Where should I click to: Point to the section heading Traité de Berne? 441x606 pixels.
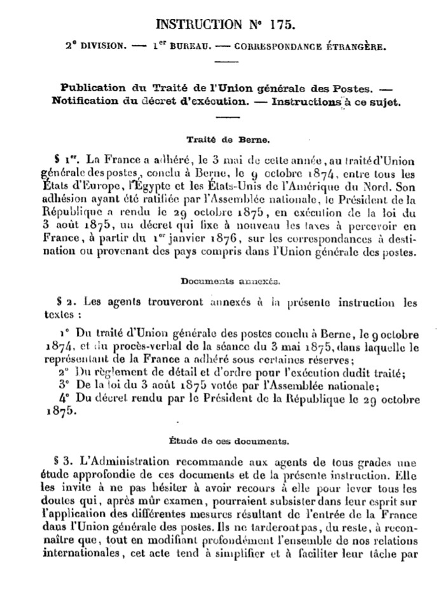tap(221, 136)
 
